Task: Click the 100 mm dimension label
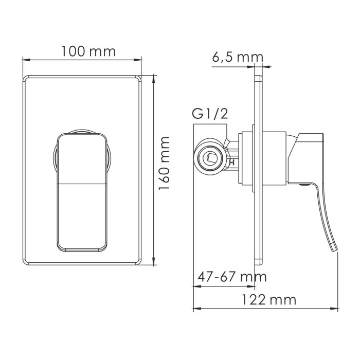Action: click(x=88, y=52)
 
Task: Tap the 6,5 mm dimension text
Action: click(x=237, y=57)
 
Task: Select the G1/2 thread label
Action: click(x=209, y=113)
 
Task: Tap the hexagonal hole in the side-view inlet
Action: click(x=211, y=157)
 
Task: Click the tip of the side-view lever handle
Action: click(x=336, y=248)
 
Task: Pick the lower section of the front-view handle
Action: click(x=81, y=216)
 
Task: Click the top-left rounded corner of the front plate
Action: click(x=26, y=78)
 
